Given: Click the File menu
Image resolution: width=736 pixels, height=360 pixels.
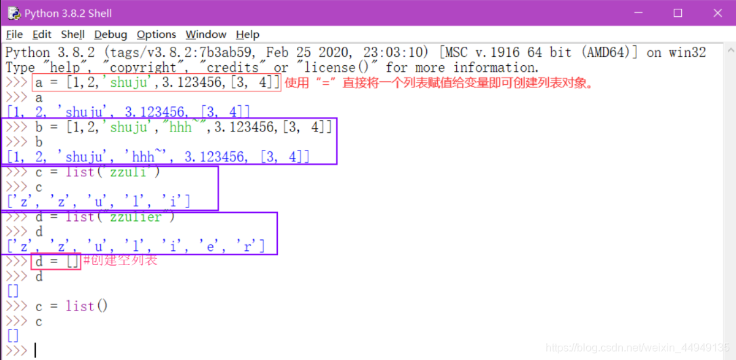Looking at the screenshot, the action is pyautogui.click(x=14, y=35).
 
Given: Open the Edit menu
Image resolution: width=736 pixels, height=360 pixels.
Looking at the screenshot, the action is pyautogui.click(x=42, y=35).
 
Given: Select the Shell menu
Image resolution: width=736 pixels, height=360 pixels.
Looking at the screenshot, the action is pyautogui.click(x=73, y=35).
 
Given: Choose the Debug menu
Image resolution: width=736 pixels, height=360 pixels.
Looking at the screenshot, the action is pyautogui.click(x=110, y=35).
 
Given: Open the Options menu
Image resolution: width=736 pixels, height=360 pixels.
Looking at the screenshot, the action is pyautogui.click(x=156, y=35).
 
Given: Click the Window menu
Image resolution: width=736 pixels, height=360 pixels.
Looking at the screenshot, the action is pyautogui.click(x=205, y=35).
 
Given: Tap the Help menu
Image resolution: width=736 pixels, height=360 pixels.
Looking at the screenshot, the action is pyautogui.click(x=247, y=35).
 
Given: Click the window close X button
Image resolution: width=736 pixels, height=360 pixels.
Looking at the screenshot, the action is pyautogui.click(x=718, y=13).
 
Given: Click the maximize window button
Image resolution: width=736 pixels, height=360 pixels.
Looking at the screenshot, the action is pyautogui.click(x=678, y=13).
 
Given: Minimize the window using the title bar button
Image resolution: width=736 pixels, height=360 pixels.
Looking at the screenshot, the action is pyautogui.click(x=637, y=13).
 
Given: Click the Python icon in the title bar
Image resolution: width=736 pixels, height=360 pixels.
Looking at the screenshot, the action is pyautogui.click(x=13, y=13).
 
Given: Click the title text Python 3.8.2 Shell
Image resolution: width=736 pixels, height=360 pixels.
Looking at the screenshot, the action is pyautogui.click(x=68, y=13).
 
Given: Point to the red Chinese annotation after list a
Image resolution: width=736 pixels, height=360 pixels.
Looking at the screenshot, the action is pyautogui.click(x=439, y=83).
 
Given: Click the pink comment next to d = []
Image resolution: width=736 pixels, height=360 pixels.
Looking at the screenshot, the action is pyautogui.click(x=121, y=260).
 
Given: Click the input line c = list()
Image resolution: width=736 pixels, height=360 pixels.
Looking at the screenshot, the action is pyautogui.click(x=71, y=306).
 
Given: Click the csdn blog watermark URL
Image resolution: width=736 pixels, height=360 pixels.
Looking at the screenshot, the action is pyautogui.click(x=637, y=348).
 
